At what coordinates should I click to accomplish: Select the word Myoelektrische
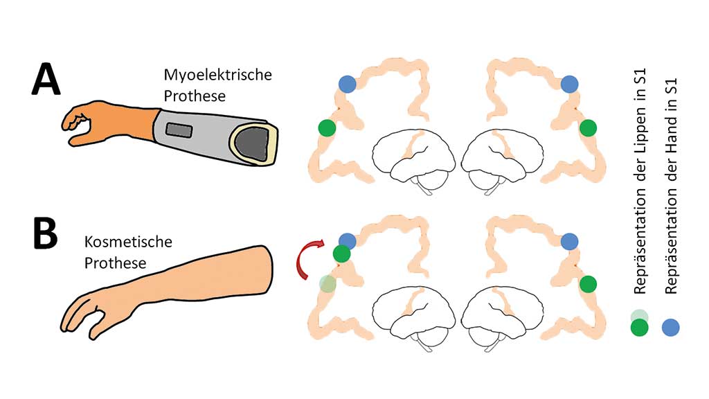(x=218, y=75)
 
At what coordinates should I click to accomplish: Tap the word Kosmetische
(x=128, y=243)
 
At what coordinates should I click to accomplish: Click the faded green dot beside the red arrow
(x=327, y=283)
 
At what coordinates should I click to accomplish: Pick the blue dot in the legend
(x=670, y=327)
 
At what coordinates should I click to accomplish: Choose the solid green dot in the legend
(x=640, y=327)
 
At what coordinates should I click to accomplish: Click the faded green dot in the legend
(x=640, y=315)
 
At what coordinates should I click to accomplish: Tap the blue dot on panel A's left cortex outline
(x=348, y=85)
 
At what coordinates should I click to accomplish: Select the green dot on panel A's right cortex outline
(x=588, y=127)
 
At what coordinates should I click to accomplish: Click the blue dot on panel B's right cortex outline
(x=569, y=241)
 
